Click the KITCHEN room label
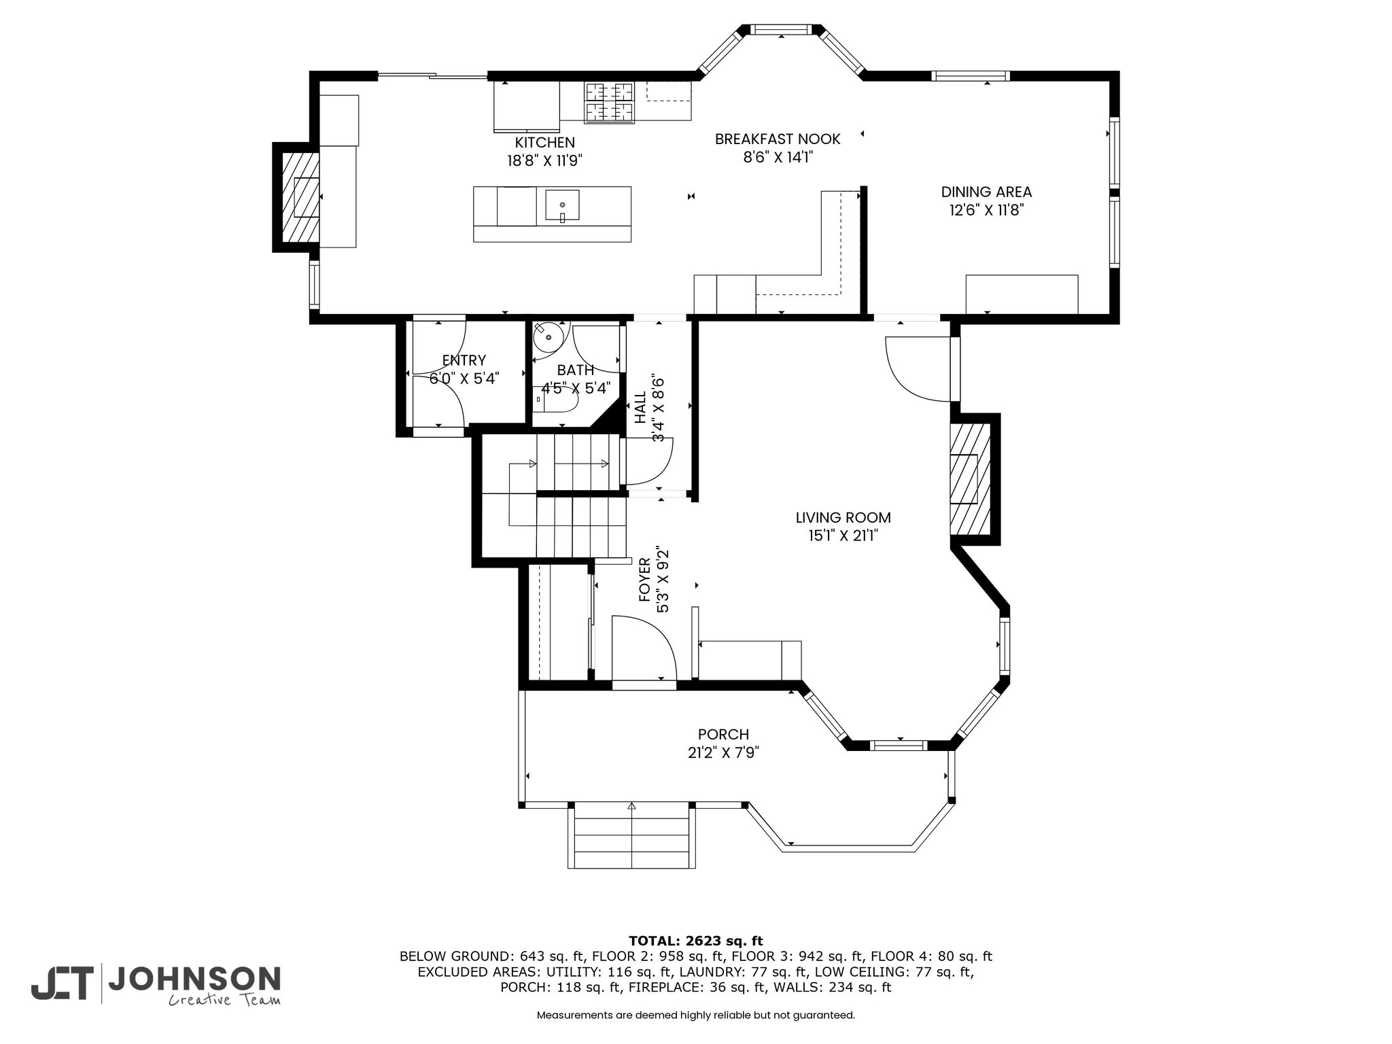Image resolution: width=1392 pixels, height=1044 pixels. pyautogui.click(x=544, y=143)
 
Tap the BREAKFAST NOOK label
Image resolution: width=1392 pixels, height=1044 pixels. pyautogui.click(x=778, y=139)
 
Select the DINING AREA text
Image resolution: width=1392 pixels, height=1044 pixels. pyautogui.click(x=986, y=192)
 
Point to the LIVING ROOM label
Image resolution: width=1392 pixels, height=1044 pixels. pyautogui.click(x=843, y=518)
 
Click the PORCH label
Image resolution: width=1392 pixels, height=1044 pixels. pyautogui.click(x=723, y=735)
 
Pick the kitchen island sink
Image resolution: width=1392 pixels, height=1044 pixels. pyautogui.click(x=562, y=207)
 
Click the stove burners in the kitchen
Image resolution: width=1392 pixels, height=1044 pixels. pyautogui.click(x=610, y=103)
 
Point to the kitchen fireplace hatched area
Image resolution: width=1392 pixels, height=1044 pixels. pyautogui.click(x=301, y=197)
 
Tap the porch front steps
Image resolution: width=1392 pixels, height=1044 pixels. pyautogui.click(x=631, y=835)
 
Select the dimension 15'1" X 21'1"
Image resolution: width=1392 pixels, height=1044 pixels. pyautogui.click(x=843, y=536)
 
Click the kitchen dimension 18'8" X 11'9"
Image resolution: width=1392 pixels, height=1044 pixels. pyautogui.click(x=544, y=161)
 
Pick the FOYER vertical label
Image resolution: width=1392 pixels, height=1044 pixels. pyautogui.click(x=644, y=580)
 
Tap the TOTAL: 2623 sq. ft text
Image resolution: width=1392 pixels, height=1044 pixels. pyautogui.click(x=696, y=941)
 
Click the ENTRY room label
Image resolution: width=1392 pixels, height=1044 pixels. pyautogui.click(x=464, y=360)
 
